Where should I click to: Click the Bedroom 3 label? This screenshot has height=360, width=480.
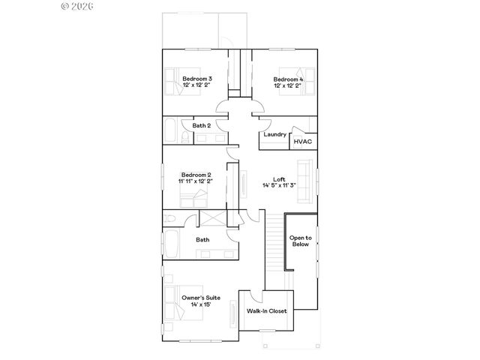198,79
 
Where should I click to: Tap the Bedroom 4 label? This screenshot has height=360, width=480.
288,79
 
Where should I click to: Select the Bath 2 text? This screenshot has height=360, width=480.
201,125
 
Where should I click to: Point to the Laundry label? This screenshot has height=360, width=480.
275,134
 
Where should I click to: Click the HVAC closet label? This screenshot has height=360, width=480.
303,141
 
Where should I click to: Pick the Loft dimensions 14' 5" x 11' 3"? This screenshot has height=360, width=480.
279,185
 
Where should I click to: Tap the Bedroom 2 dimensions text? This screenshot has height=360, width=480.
196,181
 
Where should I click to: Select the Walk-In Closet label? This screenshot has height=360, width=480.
267,310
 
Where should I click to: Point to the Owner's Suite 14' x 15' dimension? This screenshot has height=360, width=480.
201,305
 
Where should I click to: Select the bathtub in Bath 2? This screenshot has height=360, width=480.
172,130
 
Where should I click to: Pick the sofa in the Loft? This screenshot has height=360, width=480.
305,181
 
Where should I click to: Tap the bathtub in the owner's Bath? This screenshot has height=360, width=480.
171,244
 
